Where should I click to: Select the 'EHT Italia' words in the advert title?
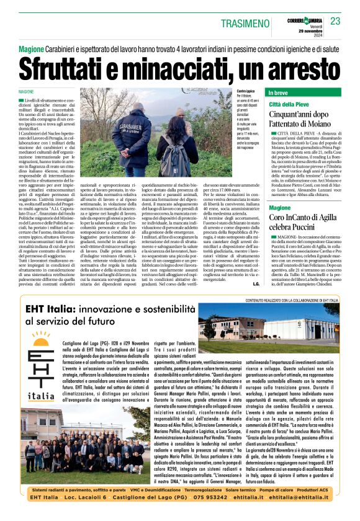(52, 308)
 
